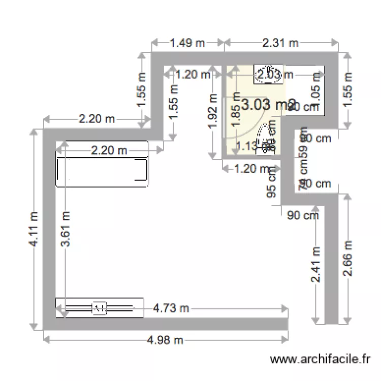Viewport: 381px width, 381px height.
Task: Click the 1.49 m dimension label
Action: point(187,43)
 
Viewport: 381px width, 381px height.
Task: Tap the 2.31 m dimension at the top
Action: point(280,43)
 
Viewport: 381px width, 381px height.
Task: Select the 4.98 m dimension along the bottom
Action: point(165,339)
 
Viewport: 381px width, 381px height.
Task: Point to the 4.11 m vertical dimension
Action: point(34,230)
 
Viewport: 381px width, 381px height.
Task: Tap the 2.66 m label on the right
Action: point(347,259)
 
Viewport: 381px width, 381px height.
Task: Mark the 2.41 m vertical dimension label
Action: point(316,265)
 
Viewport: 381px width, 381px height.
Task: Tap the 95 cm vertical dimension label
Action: point(271,183)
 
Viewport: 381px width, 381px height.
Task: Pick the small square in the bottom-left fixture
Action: point(99,307)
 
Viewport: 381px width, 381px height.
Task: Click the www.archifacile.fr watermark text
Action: point(320,359)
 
